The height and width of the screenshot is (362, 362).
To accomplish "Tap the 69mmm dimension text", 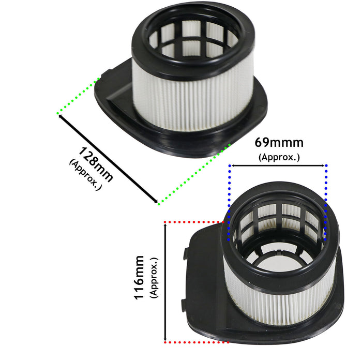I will [x=279, y=143].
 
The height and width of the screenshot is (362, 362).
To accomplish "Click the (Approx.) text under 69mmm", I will [x=279, y=156].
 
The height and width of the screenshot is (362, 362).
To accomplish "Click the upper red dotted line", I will [x=195, y=222].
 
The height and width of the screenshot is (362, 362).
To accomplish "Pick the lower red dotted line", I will [x=197, y=342].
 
